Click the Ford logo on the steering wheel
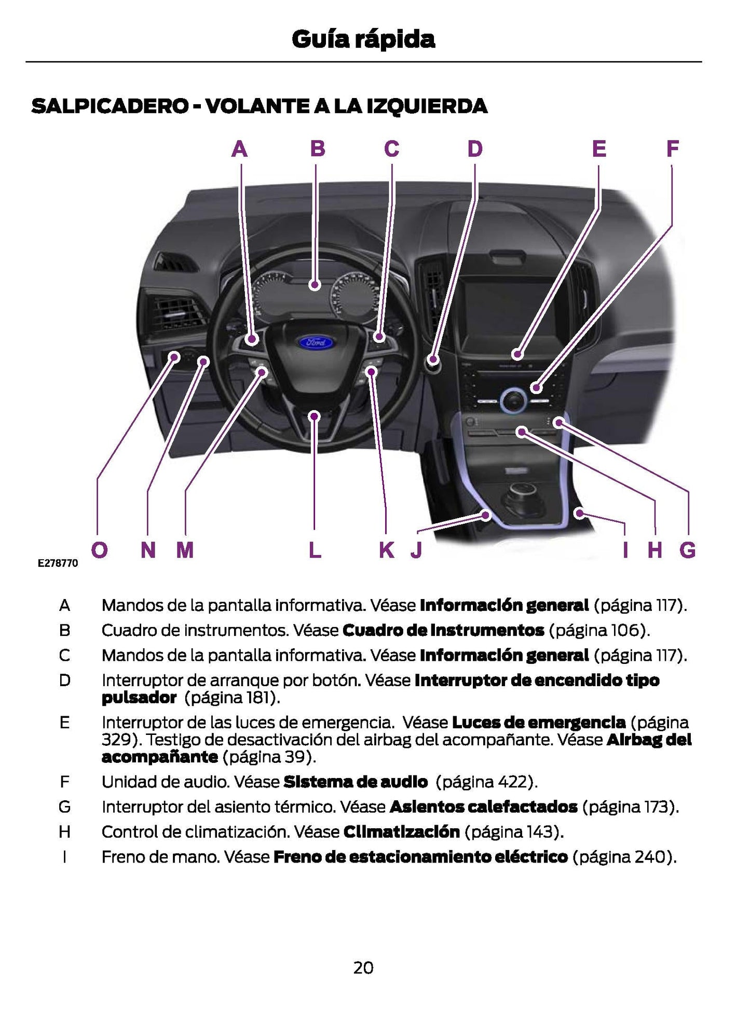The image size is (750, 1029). (x=316, y=342)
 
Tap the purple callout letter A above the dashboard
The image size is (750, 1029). (x=239, y=149)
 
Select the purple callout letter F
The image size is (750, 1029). (x=673, y=149)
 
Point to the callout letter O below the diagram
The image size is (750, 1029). (x=99, y=550)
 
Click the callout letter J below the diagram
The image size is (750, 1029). (x=416, y=550)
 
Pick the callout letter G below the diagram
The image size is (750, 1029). (x=687, y=550)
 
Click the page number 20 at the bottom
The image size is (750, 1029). (x=363, y=968)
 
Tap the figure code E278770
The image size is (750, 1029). (x=58, y=563)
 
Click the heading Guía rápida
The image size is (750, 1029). (x=363, y=39)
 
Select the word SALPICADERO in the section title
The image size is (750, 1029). (x=110, y=106)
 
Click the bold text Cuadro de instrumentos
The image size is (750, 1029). (x=443, y=630)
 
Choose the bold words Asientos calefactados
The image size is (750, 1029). (x=483, y=807)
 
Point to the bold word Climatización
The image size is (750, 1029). (x=401, y=832)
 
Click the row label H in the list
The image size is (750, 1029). (x=64, y=832)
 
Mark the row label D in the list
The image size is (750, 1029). (x=64, y=680)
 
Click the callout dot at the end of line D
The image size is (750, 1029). (x=433, y=359)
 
